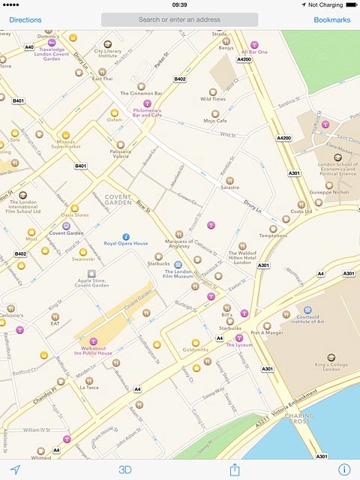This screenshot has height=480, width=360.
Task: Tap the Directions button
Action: point(25,19)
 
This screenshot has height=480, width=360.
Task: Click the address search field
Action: point(179,19)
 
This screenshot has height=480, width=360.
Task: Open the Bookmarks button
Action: point(331,19)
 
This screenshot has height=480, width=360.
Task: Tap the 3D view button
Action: point(125,469)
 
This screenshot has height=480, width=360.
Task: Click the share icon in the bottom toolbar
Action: point(235,469)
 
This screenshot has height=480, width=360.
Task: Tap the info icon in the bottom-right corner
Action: point(344,469)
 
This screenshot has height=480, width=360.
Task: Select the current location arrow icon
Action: point(15,469)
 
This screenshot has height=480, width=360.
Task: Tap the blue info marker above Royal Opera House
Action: point(126,235)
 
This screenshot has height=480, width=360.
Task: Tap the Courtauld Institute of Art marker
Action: point(307,309)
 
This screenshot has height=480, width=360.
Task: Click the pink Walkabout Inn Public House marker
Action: point(94,341)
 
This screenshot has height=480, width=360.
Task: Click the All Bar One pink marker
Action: point(253,45)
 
